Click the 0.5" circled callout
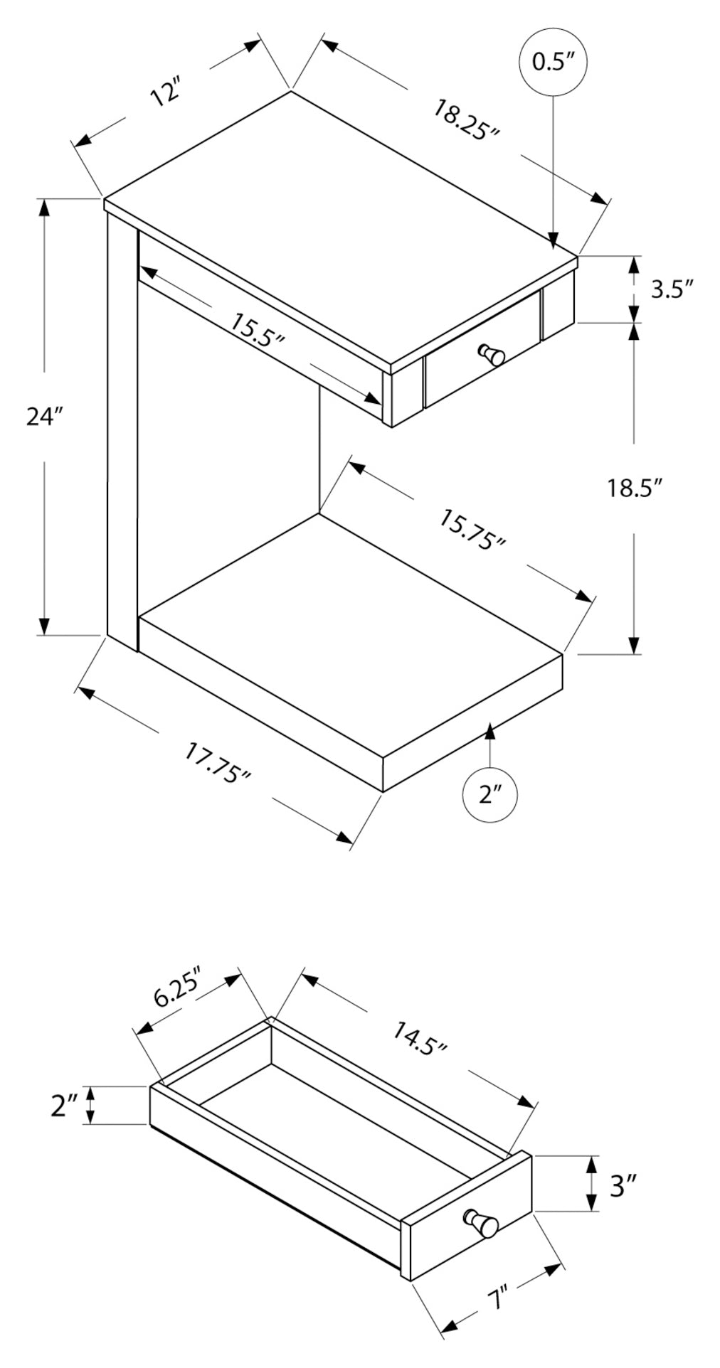pos(553,62)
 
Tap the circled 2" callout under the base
pos(489,794)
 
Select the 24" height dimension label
pos(45,417)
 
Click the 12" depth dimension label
pos(166,93)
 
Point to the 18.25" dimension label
pos(467,121)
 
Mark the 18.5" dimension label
pos(635,488)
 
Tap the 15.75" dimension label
pos(472,530)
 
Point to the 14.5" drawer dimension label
pos(419,1037)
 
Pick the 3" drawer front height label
pos(623,1185)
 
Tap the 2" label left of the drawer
pos(64,1105)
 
